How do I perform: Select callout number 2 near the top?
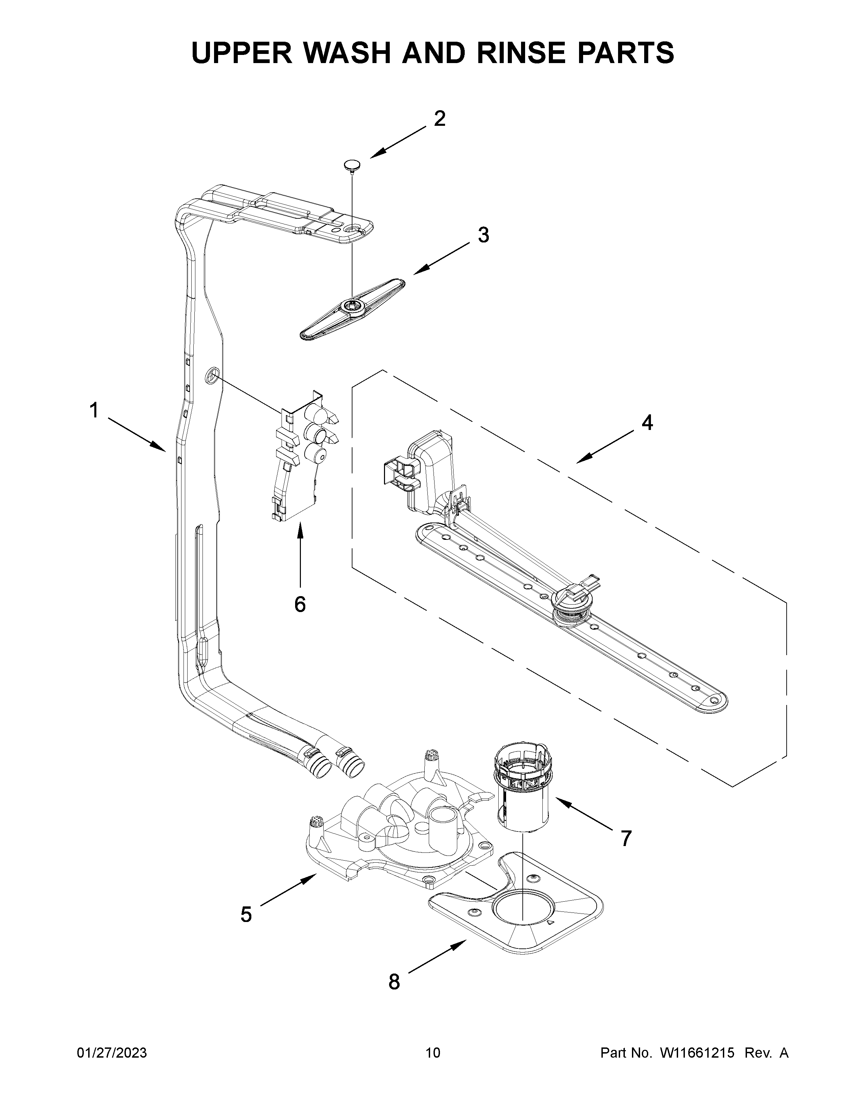coord(439,119)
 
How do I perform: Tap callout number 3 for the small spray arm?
coord(483,235)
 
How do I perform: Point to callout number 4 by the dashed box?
coord(647,423)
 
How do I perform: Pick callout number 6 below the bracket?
coord(300,605)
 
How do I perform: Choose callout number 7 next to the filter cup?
coord(626,839)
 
